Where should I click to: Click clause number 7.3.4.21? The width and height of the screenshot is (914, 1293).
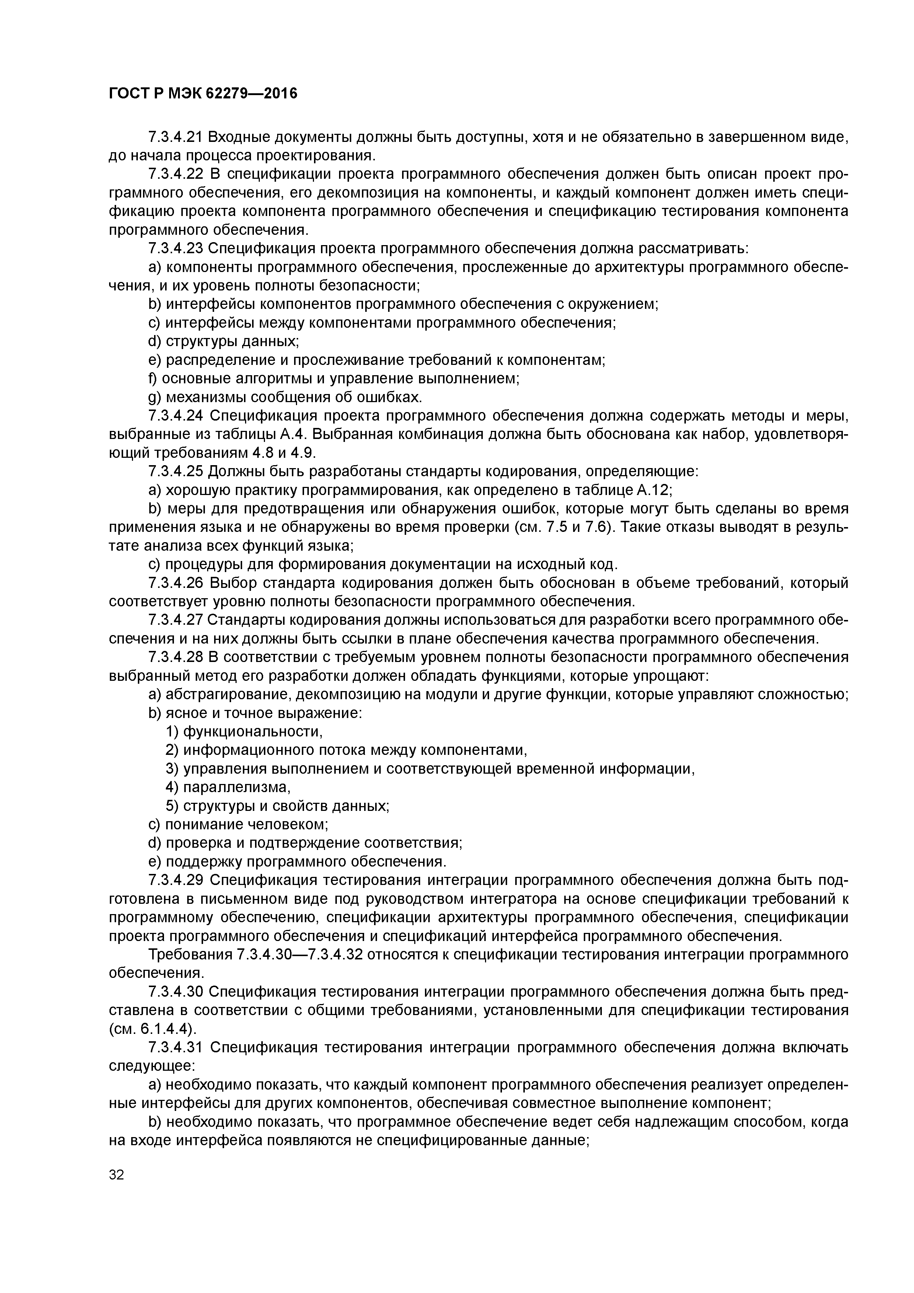(176, 137)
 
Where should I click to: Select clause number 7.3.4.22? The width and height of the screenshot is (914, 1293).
(176, 174)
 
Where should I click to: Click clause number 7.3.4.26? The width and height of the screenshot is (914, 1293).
(176, 583)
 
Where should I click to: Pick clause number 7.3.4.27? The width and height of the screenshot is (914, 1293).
(176, 620)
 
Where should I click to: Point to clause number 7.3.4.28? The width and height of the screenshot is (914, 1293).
(176, 657)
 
